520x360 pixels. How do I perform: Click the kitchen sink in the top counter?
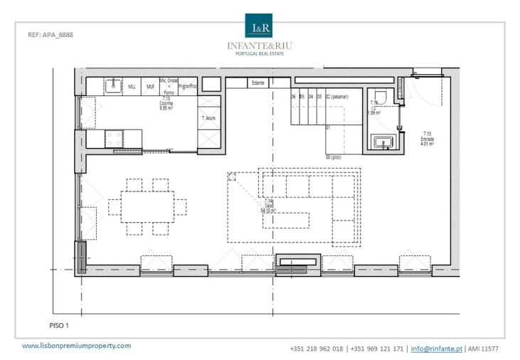click(112, 86)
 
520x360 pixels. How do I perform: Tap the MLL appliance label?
click(132, 86)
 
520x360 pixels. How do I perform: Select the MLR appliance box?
click(150, 86)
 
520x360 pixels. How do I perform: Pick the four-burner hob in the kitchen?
click(114, 139)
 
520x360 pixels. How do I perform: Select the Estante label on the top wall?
click(258, 83)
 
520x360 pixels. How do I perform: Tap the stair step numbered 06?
click(293, 96)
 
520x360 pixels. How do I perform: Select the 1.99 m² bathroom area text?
click(374, 113)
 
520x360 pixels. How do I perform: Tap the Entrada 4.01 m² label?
click(427, 138)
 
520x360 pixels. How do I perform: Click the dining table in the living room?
click(147, 207)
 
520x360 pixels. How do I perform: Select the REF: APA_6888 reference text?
click(50, 34)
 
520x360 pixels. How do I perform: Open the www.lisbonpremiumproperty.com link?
click(77, 346)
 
